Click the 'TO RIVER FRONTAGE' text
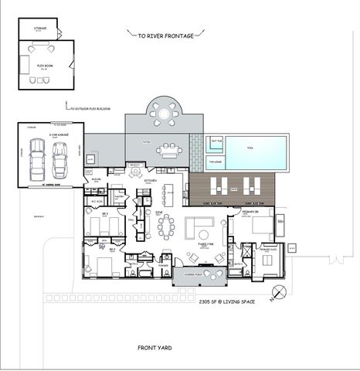[x=165, y=35]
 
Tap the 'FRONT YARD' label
[x=158, y=347]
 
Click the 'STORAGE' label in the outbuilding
[x=40, y=29]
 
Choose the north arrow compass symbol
[x=279, y=291]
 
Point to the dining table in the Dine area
[x=166, y=227]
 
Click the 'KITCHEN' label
[x=151, y=181]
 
